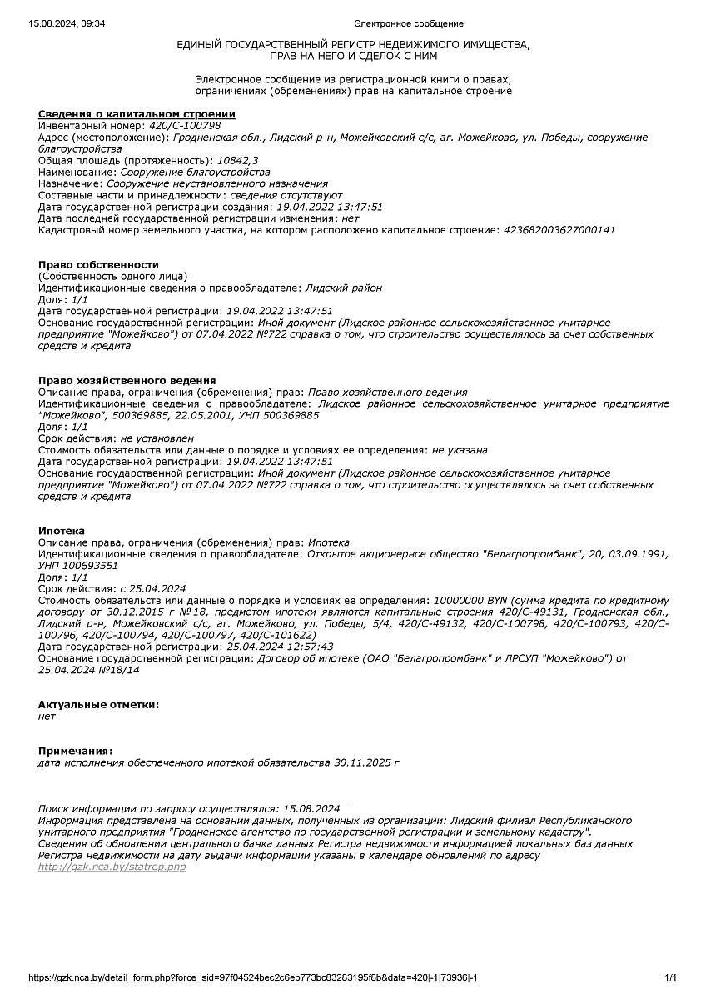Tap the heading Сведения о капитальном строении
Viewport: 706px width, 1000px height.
click(137, 114)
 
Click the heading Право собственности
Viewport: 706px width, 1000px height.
click(98, 265)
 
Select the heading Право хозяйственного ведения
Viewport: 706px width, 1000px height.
click(127, 380)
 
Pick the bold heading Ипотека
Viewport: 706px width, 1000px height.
click(62, 531)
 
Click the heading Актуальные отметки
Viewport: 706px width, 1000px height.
click(98, 704)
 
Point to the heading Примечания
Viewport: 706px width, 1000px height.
click(75, 751)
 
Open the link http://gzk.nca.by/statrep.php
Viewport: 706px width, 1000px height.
click(112, 867)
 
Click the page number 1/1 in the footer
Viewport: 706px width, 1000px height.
click(670, 977)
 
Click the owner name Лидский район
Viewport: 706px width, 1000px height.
click(344, 287)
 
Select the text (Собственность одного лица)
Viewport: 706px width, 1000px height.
click(113, 276)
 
